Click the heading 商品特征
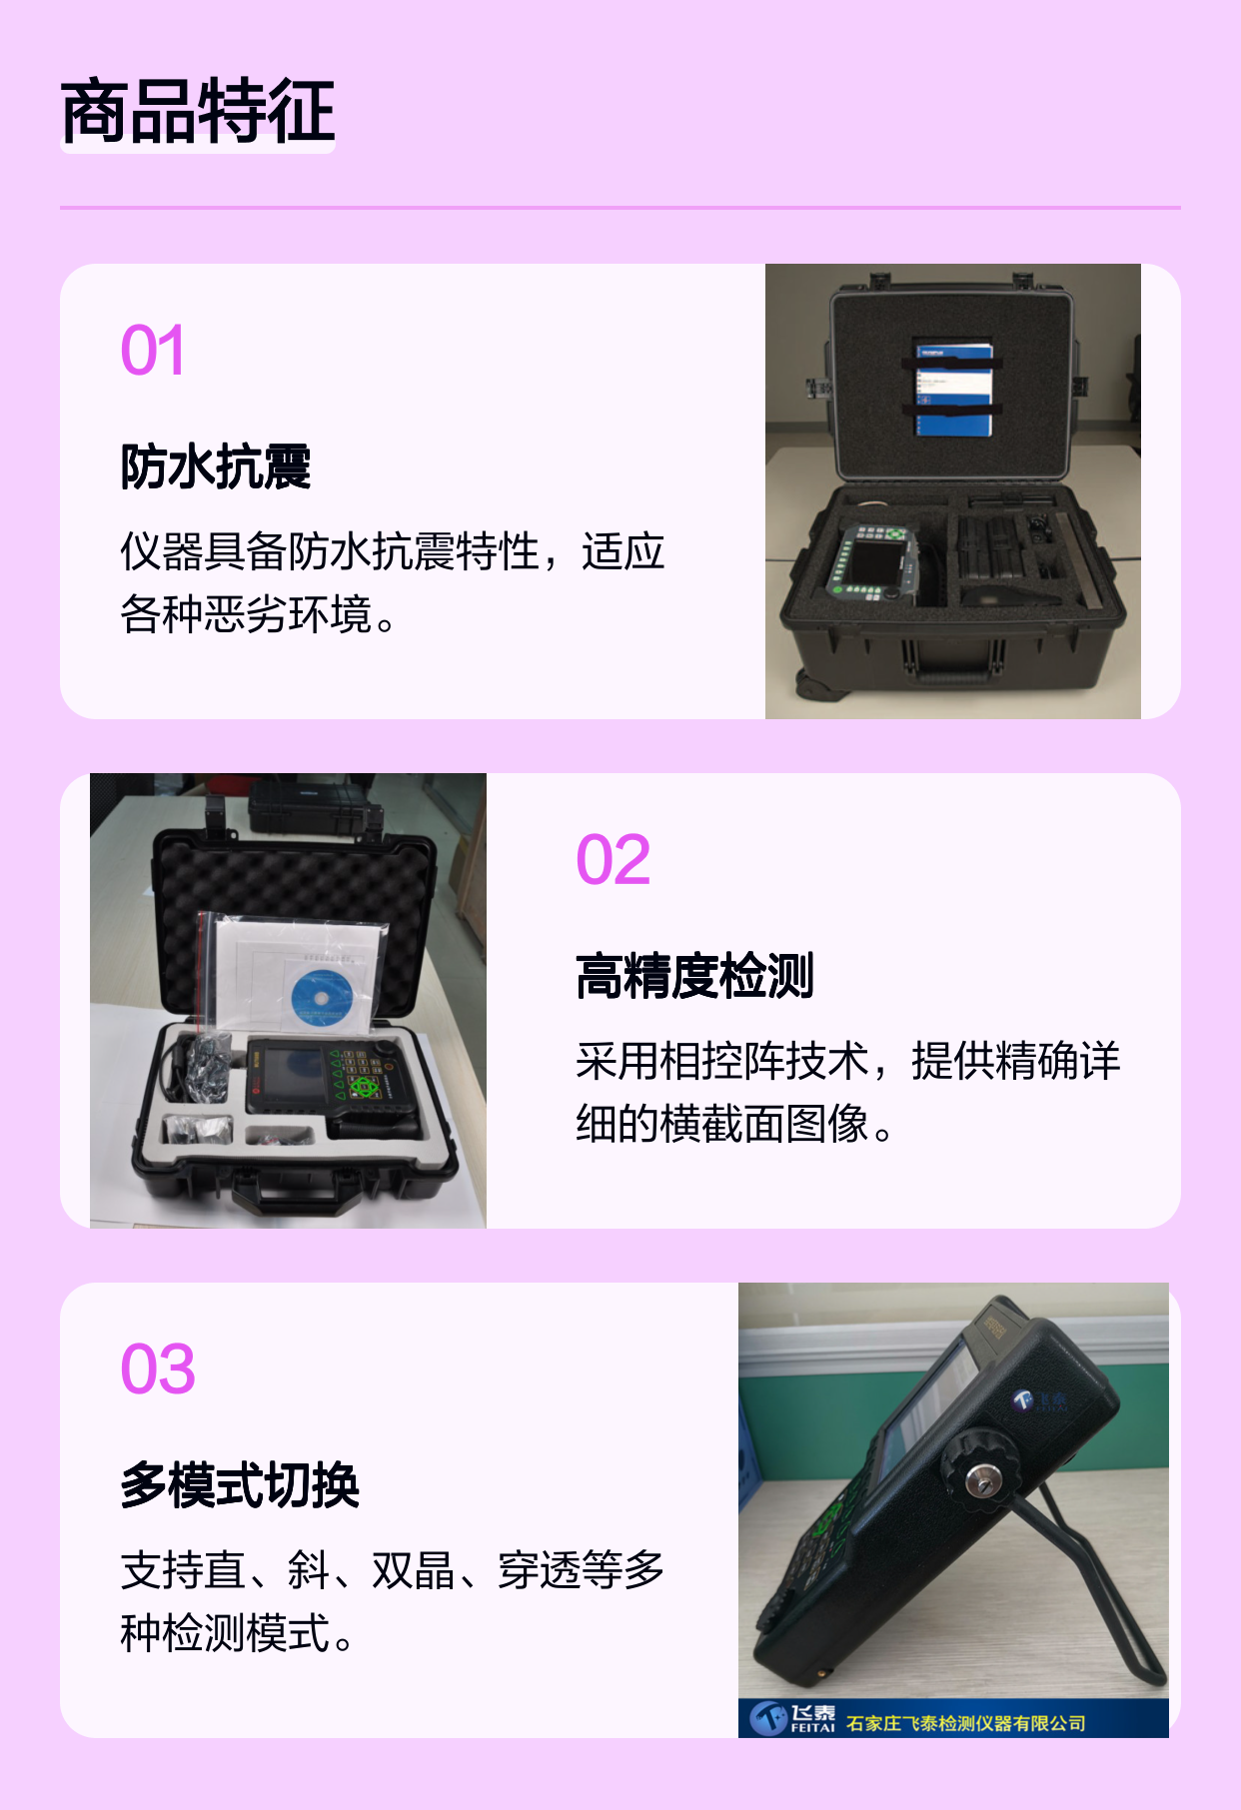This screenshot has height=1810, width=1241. pyautogui.click(x=198, y=111)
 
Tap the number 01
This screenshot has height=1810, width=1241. pyautogui.click(x=153, y=351)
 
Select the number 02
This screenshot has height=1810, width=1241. pyautogui.click(x=614, y=860)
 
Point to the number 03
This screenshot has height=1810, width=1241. pyautogui.click(x=158, y=1369)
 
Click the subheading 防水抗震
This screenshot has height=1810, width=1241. pyautogui.click(x=216, y=466)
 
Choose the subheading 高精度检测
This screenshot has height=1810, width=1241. pyautogui.click(x=695, y=976)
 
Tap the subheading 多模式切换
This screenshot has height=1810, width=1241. pyautogui.click(x=240, y=1485)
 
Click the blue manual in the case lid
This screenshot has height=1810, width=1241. pyautogui.click(x=954, y=390)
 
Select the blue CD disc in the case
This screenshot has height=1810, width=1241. pyautogui.click(x=322, y=997)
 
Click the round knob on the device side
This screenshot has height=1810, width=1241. pyautogui.click(x=978, y=1480)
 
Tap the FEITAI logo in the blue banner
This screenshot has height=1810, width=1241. pyautogui.click(x=792, y=1717)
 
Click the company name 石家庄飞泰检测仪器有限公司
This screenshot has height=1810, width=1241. pyautogui.click(x=965, y=1723)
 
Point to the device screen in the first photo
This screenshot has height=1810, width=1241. pyautogui.click(x=876, y=561)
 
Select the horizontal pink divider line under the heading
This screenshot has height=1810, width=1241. pyautogui.click(x=620, y=208)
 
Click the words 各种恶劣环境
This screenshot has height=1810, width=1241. pyautogui.click(x=246, y=614)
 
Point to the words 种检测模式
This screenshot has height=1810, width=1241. pyautogui.click(x=225, y=1633)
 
